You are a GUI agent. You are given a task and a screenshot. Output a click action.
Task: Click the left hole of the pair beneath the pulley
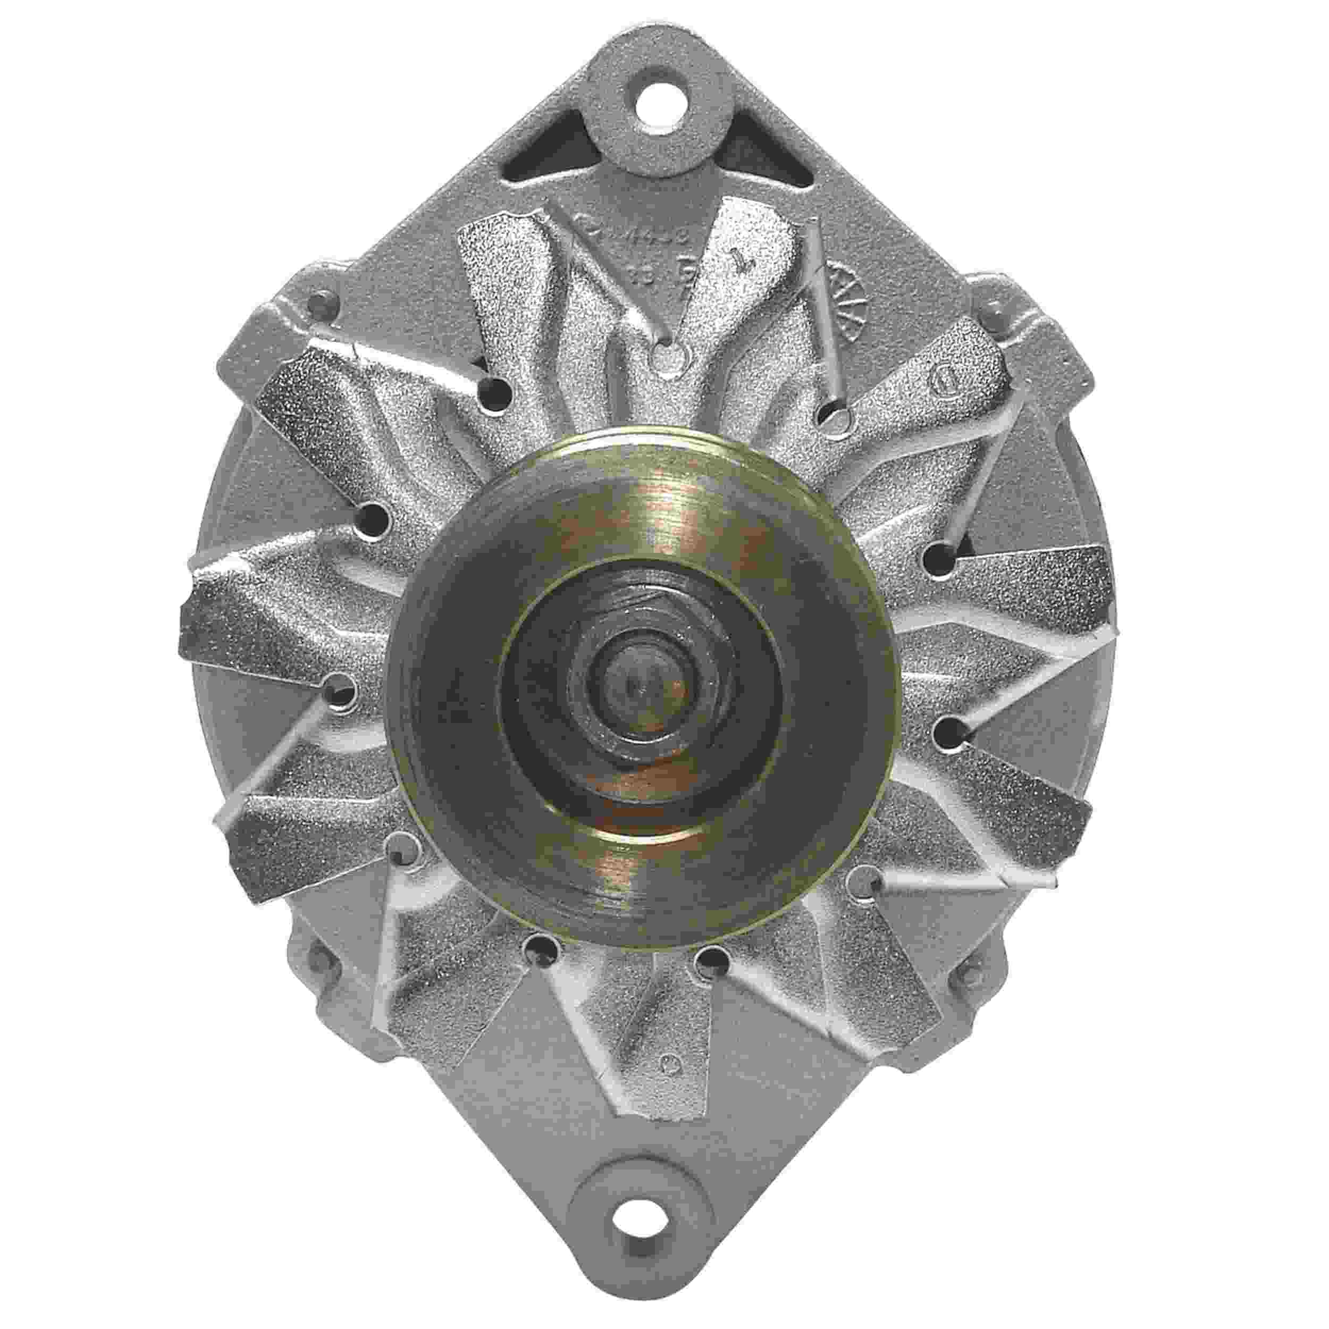[x=540, y=952]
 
